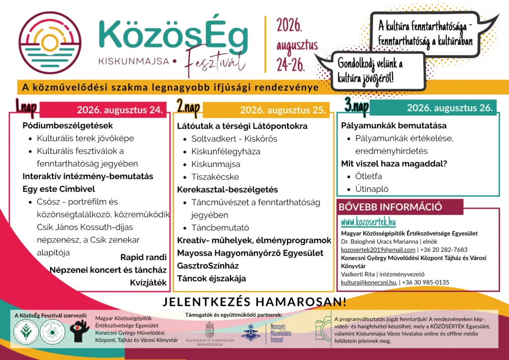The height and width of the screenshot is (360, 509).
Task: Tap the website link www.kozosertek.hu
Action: tap(368, 222)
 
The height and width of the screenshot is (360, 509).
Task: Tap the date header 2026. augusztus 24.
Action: tap(120, 110)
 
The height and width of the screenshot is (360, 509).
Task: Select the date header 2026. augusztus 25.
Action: tap(283, 110)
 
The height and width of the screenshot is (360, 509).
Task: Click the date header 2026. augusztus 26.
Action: tap(449, 107)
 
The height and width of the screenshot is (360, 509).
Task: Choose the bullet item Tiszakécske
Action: tap(215, 177)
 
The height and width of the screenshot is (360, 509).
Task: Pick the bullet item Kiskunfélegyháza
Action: tap(226, 152)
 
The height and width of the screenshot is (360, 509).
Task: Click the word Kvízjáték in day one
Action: tap(148, 282)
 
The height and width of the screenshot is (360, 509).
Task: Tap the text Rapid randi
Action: tap(143, 257)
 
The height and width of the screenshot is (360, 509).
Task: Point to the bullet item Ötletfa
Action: tap(368, 176)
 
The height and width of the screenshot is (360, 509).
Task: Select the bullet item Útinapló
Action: tap(372, 189)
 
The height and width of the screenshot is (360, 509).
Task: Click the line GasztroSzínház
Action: tap(208, 266)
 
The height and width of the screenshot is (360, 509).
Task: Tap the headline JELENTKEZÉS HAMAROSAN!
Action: tap(254, 302)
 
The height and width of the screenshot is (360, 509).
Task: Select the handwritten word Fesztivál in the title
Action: tap(215, 62)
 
